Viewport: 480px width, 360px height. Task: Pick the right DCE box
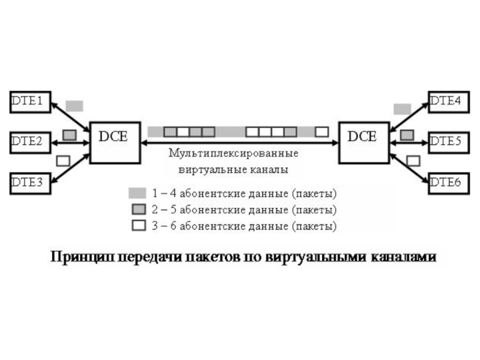coord(362,142)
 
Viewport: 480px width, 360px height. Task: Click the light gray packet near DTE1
coord(74,106)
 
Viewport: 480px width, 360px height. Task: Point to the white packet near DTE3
coord(63,161)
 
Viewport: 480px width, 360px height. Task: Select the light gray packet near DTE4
coord(402,109)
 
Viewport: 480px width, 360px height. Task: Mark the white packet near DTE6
coord(413,160)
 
